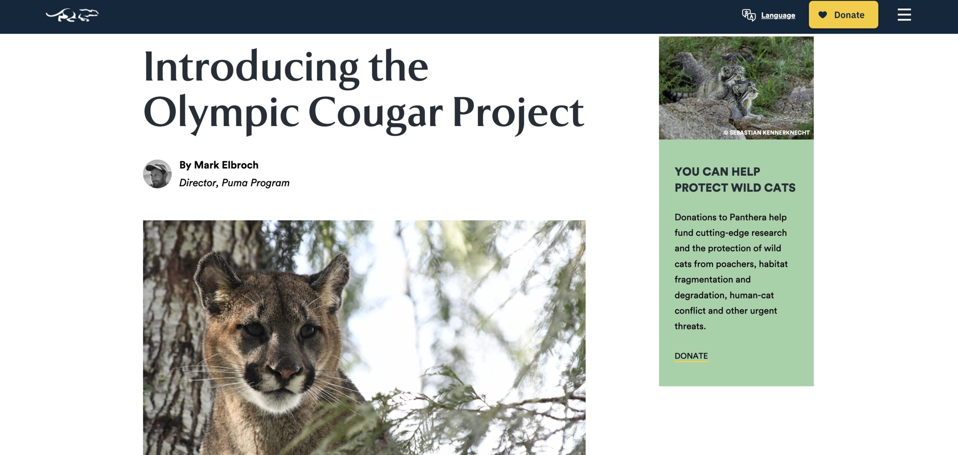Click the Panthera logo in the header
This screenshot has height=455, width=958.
[72, 15]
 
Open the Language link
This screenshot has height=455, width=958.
[778, 15]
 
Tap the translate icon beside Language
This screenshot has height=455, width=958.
[749, 15]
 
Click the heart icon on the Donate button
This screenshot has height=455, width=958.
[823, 15]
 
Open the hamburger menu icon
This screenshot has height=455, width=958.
[904, 15]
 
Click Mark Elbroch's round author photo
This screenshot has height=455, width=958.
[157, 174]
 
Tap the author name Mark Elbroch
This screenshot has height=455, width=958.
[226, 165]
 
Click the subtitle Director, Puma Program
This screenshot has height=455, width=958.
[234, 183]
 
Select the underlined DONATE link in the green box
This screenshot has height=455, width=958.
[691, 356]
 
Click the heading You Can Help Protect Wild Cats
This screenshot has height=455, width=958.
[735, 180]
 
